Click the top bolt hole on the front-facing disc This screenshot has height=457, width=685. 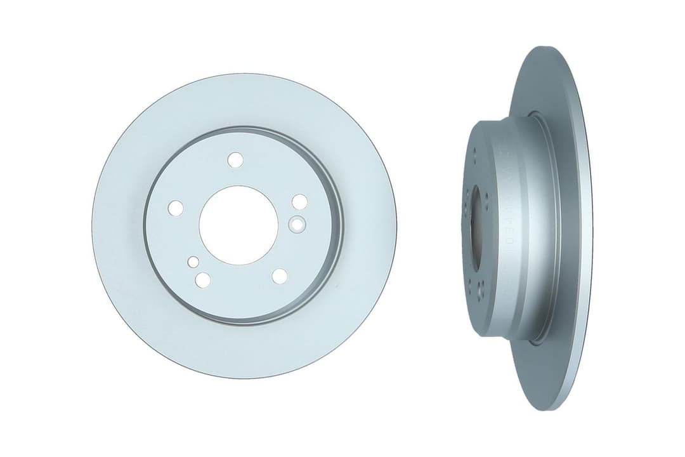pyautogui.click(x=235, y=159)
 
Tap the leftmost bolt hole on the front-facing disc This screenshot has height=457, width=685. pyautogui.click(x=176, y=208)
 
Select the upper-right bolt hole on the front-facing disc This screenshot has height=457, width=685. pyautogui.click(x=299, y=202)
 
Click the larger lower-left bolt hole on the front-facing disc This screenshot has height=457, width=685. pyautogui.click(x=203, y=279)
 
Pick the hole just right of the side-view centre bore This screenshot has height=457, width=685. pyautogui.click(x=486, y=202)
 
